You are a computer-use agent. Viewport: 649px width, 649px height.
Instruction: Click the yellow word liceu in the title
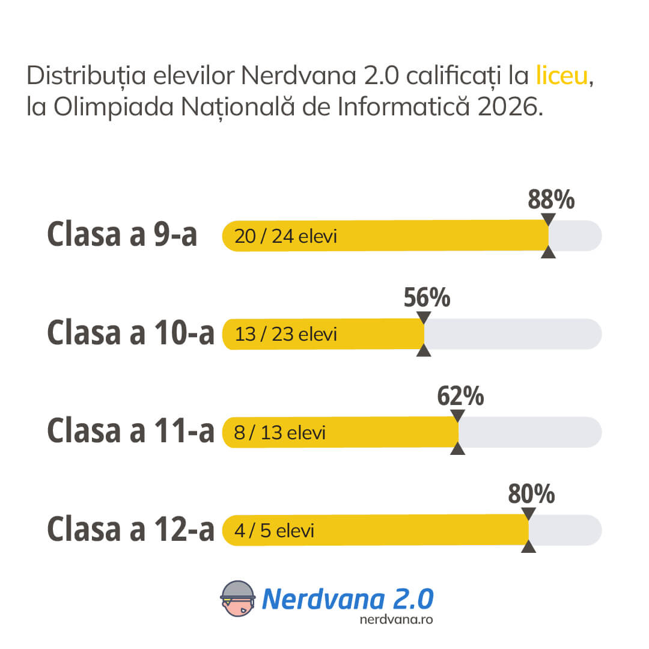point(562,76)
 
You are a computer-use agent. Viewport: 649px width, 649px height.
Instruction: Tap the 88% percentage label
point(551,200)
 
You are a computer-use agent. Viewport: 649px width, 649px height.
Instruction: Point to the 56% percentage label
point(427,298)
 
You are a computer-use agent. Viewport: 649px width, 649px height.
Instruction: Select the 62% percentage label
point(460,397)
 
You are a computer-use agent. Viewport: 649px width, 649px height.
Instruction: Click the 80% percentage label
point(531,495)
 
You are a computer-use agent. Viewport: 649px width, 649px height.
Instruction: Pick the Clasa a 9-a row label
point(122,235)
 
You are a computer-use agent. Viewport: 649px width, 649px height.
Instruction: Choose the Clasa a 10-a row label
point(130,334)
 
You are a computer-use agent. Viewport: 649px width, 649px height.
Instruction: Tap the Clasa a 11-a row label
point(130,431)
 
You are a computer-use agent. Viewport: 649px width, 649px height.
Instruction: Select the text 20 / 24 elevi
point(285,236)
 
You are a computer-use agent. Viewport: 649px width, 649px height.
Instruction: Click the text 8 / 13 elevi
point(279,433)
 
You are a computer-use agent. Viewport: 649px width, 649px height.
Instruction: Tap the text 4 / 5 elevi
point(274,531)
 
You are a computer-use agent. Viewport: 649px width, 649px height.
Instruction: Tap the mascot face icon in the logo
point(239,599)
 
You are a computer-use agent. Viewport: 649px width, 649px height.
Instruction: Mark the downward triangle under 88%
point(548,219)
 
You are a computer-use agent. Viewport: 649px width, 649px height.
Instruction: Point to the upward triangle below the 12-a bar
point(528,546)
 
